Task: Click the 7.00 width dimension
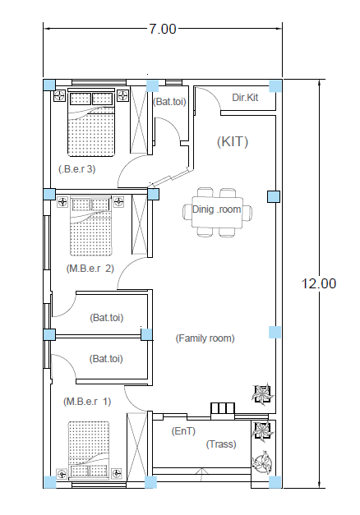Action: pos(163,30)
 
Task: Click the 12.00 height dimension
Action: pos(319,283)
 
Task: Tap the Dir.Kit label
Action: pos(245,98)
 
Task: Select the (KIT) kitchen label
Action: pos(233,141)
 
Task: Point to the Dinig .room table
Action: pos(217,212)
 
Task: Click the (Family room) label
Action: pos(205,338)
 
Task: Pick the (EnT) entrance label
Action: pos(183,431)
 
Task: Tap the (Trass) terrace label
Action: pos(221,444)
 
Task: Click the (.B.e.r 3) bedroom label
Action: pos(77,169)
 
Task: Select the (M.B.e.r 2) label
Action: pos(90,269)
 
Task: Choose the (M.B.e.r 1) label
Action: pos(87,402)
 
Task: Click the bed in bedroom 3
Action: pos(91,122)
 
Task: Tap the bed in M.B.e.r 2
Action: pos(91,226)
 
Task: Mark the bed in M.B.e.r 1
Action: pos(89,449)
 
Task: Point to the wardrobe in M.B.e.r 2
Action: pos(140,224)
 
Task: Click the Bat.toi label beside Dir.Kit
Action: pos(169,102)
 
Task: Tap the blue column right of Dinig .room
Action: pos(274,197)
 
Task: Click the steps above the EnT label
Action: pos(223,409)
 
